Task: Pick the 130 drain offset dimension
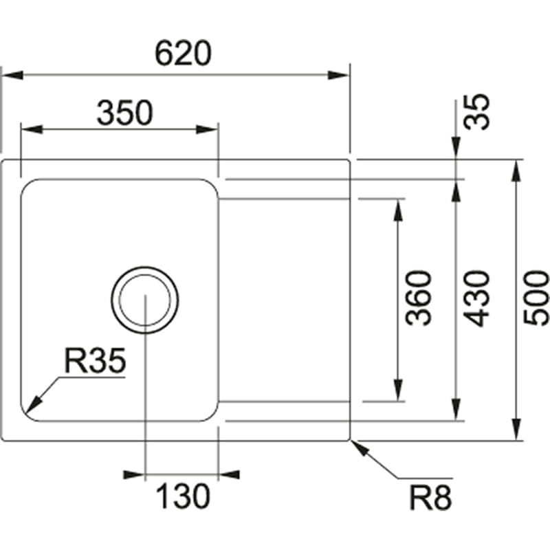(x=182, y=496)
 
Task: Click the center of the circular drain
(x=145, y=299)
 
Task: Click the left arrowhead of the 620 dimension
(x=12, y=74)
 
